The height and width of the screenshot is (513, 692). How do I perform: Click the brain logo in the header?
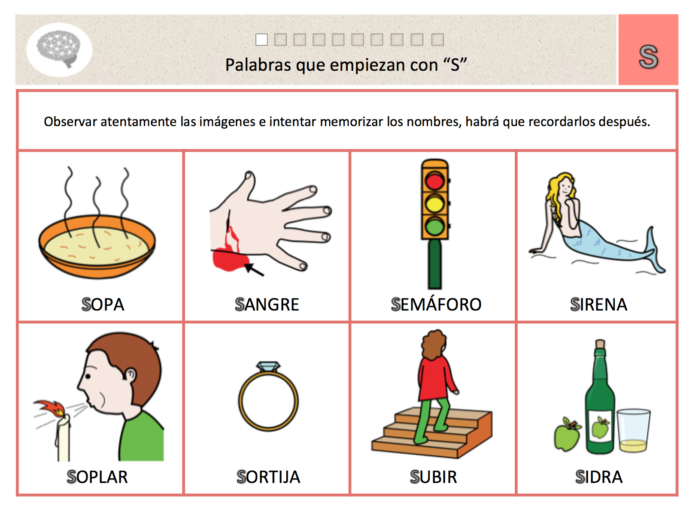(x=59, y=48)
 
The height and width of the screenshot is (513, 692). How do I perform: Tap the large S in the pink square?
(x=648, y=57)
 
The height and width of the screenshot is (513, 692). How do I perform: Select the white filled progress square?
(x=261, y=39)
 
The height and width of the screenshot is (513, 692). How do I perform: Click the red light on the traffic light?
(x=434, y=181)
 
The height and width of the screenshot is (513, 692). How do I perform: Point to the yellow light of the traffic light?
(x=434, y=203)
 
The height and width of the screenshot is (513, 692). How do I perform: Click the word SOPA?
(x=103, y=305)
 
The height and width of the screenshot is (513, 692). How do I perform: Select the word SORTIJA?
(x=268, y=477)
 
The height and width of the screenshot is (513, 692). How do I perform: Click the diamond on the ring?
(x=268, y=366)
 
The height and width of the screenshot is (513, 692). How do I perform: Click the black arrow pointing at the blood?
(x=254, y=270)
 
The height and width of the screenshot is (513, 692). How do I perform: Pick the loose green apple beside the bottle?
(x=567, y=435)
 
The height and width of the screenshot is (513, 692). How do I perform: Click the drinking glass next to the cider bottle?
(x=634, y=430)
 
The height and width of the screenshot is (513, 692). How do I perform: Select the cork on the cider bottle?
(x=600, y=344)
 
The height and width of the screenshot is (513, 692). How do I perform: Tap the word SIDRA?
(x=599, y=477)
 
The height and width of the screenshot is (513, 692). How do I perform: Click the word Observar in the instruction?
(x=70, y=122)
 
